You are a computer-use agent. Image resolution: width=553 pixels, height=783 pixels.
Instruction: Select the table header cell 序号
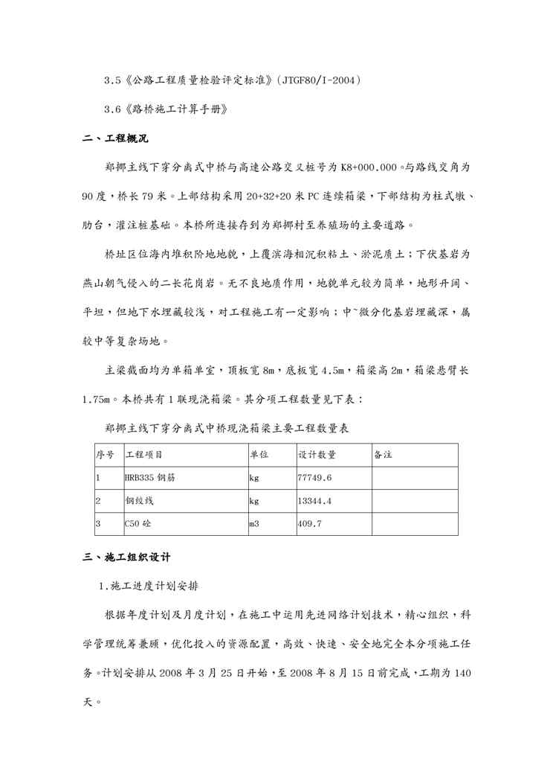104,455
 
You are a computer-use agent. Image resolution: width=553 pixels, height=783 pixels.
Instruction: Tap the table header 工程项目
144,455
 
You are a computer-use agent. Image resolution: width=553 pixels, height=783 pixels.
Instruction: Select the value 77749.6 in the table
314,478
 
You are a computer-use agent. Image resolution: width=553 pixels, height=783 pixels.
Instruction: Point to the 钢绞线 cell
138,501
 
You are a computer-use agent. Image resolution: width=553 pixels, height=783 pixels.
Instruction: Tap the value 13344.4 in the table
314,501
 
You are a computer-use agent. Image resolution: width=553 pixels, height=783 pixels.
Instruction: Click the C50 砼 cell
141,524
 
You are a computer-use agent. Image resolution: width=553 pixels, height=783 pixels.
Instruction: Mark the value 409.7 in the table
309,524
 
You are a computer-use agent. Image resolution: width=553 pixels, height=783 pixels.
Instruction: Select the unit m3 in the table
254,524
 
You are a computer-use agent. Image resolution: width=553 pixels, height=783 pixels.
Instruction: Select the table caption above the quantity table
227,429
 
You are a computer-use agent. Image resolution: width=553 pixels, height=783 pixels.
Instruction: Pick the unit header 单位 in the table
259,455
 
